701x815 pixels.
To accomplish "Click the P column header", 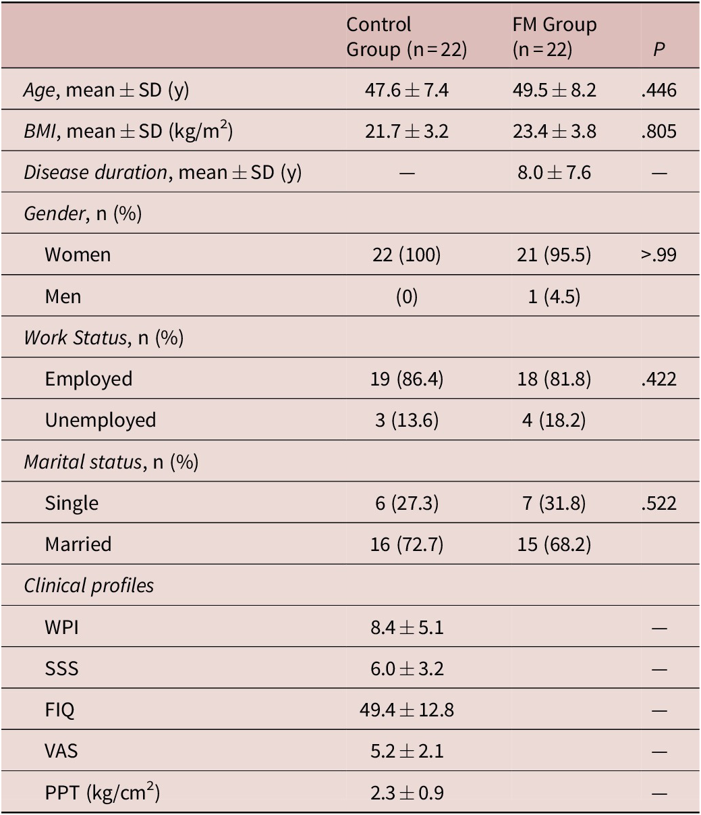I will [659, 49].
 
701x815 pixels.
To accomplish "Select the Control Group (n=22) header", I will [406, 37].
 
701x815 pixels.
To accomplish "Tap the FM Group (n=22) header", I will [554, 37].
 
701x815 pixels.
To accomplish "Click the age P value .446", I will [659, 90].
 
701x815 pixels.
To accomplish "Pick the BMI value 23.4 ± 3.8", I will [554, 131].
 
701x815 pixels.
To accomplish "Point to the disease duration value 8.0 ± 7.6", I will [554, 172].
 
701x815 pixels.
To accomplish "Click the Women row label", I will [78, 255].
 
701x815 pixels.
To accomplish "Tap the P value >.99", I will [659, 255].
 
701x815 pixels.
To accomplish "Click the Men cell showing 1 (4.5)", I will [554, 296].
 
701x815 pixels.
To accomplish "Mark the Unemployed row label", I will [101, 420].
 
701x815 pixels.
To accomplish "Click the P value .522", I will [659, 503].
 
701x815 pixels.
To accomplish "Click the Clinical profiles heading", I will [89, 585].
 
